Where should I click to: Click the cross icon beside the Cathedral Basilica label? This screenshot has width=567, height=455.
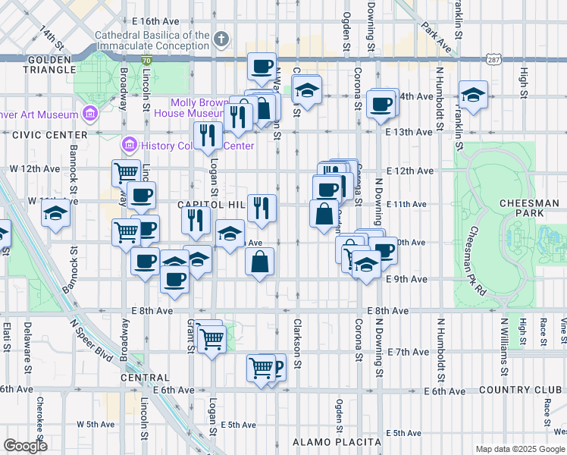(221, 39)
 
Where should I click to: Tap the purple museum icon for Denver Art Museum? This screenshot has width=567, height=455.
(90, 115)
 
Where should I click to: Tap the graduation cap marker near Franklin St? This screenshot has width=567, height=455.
(473, 96)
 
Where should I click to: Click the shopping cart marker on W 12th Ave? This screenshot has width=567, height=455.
(127, 173)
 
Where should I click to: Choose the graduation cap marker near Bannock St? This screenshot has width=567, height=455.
(55, 216)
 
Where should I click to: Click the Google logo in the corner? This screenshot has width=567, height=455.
(25, 446)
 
